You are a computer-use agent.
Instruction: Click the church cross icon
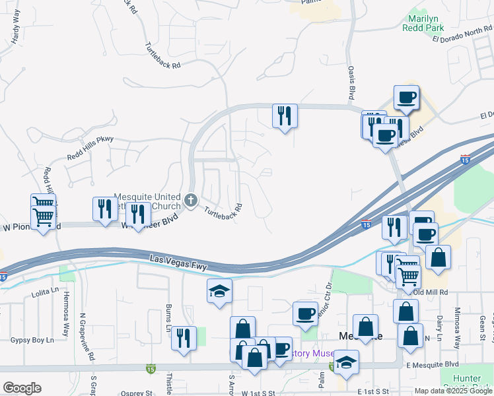191,200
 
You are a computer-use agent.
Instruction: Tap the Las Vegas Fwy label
178,262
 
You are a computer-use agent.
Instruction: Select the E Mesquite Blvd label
432,364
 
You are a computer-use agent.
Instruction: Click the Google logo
22,387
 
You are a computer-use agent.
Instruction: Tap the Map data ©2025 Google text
453,391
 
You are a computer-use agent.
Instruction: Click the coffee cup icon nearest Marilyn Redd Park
406,98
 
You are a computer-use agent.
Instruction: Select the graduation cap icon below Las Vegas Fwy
219,291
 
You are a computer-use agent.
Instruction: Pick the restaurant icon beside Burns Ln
184,337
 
